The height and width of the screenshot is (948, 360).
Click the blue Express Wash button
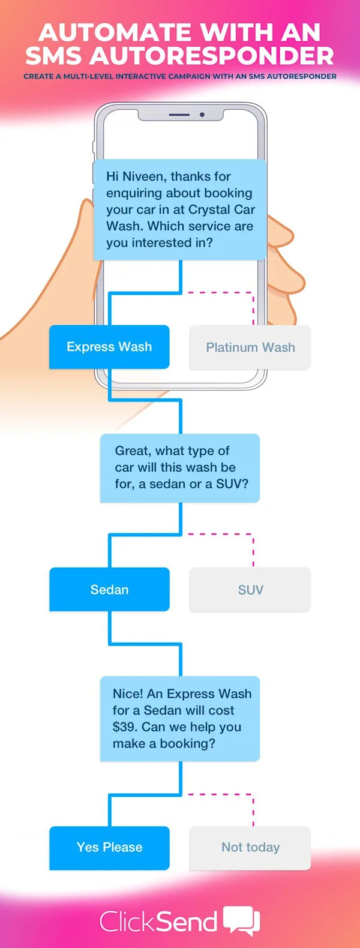point(109,347)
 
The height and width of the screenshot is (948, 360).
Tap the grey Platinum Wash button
point(250,347)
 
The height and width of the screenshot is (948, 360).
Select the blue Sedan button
point(109,590)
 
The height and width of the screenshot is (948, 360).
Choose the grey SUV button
point(250,590)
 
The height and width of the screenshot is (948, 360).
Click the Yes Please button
point(109,847)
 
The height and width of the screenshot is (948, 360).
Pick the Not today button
point(250,847)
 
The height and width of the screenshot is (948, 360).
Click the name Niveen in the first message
point(144,176)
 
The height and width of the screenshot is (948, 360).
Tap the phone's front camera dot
point(202,115)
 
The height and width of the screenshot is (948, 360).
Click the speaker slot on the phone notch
point(179,115)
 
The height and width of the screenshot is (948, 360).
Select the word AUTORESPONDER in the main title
point(213,56)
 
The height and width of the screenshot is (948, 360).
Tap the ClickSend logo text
point(158,922)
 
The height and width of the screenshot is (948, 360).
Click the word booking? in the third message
point(187,743)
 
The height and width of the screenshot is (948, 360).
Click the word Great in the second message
point(132,451)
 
